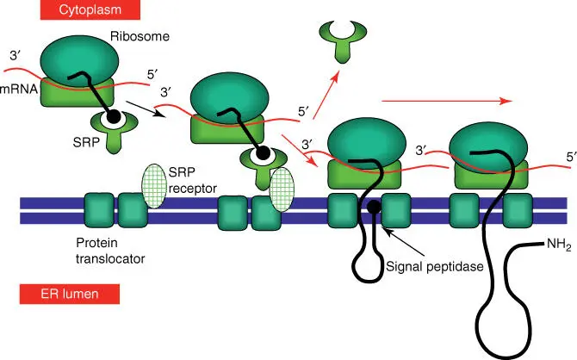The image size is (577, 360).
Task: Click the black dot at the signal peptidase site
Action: [x=373, y=208]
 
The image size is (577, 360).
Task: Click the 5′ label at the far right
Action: [x=569, y=157]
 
